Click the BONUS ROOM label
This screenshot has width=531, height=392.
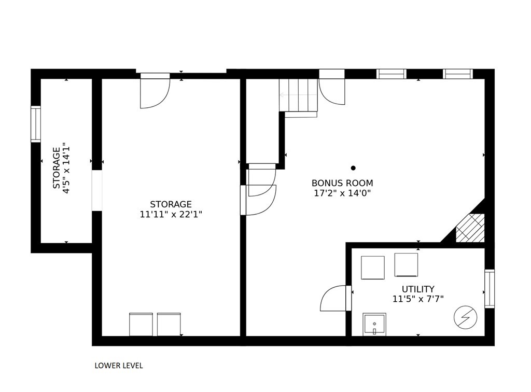click(342, 183)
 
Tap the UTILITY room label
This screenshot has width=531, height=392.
click(418, 289)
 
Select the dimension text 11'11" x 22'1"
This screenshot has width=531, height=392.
click(171, 214)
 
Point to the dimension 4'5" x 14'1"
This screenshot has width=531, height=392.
click(66, 169)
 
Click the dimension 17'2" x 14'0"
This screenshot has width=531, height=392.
click(342, 193)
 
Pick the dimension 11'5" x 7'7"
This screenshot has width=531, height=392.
click(418, 299)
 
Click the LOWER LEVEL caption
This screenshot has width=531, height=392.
click(118, 366)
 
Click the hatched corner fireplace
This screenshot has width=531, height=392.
click(470, 229)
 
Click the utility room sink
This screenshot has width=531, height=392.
click(374, 325)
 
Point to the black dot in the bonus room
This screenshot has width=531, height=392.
click(353, 168)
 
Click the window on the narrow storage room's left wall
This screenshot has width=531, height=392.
click(36, 124)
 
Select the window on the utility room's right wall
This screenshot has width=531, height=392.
click(490, 289)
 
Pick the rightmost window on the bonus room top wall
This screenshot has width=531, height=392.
click(458, 74)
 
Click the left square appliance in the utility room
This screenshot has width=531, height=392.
click(372, 268)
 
